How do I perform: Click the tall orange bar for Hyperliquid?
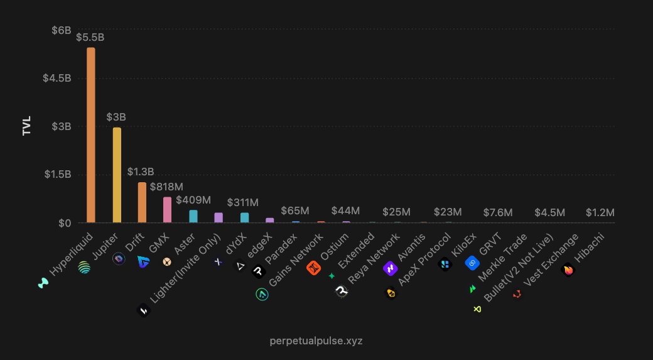(91, 135)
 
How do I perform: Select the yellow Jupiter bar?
(117, 175)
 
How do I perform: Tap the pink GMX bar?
(168, 210)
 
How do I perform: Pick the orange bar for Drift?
(142, 202)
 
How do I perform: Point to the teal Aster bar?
(193, 216)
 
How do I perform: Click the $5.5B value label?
(90, 38)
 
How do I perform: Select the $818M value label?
(166, 187)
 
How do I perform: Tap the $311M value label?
(243, 203)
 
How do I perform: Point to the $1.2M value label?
(600, 212)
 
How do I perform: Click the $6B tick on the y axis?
(62, 30)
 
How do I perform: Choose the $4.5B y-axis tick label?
(57, 79)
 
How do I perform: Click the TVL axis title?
(27, 126)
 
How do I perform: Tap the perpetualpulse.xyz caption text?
(316, 341)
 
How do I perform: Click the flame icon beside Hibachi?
(568, 270)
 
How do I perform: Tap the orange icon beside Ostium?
(313, 268)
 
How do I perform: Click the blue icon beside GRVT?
(472, 263)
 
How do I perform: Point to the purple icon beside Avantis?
(390, 269)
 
